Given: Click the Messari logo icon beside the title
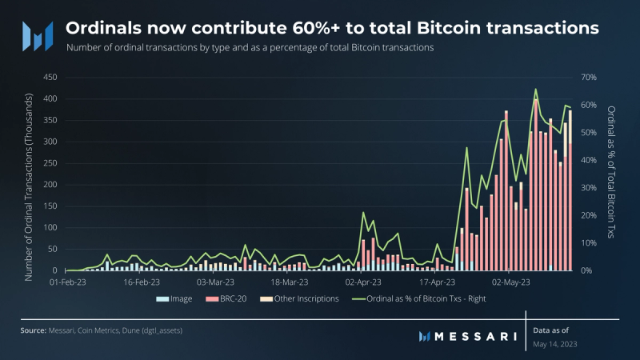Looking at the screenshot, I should point(37,34).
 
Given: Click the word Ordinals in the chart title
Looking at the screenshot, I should point(102,28).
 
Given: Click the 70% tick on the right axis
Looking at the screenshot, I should point(589,78).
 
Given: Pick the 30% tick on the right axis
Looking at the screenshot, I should point(589,188).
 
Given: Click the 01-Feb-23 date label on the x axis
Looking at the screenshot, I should point(68,282).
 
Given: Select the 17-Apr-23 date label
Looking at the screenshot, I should point(438,282).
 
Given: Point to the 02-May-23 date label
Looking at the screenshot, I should point(512,282).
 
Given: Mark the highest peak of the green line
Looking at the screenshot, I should point(535,89).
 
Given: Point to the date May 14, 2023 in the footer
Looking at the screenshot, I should point(554,344).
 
